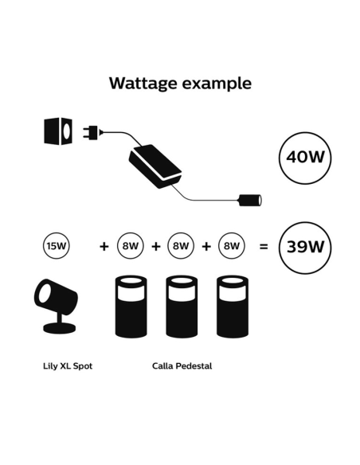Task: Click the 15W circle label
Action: point(57,246)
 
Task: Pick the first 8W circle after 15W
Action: point(129,246)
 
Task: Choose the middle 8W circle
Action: point(181,246)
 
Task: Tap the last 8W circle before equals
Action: point(232,246)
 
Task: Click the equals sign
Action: point(263,247)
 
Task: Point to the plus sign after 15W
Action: point(104,247)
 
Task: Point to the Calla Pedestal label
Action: point(182,367)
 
